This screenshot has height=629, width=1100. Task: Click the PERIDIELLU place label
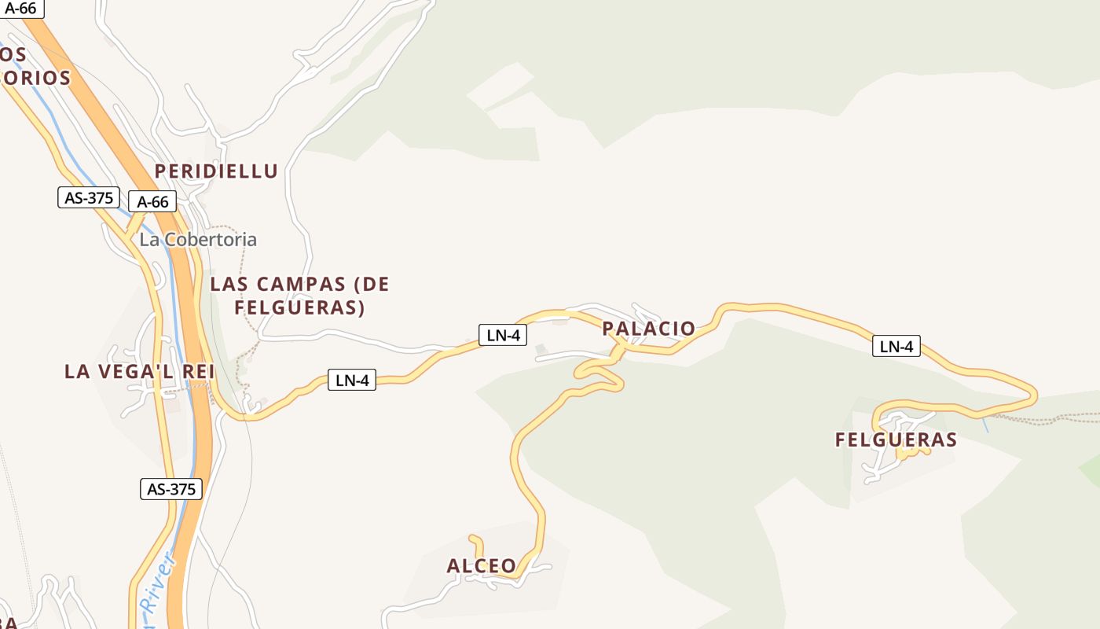[216, 171]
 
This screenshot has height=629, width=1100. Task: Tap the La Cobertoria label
[198, 240]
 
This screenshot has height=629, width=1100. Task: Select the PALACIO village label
[649, 329]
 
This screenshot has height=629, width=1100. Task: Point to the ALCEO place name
[482, 566]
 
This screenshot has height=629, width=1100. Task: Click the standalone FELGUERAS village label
[896, 440]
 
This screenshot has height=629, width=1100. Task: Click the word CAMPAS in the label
[301, 285]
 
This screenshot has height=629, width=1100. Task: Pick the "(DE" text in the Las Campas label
[372, 285]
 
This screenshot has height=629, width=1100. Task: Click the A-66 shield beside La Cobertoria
[152, 202]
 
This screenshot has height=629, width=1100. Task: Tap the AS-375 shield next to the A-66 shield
[89, 197]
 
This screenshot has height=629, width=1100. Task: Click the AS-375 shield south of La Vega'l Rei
[171, 489]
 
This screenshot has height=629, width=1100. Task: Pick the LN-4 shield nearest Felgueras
[896, 346]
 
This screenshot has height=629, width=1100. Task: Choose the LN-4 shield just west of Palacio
[503, 335]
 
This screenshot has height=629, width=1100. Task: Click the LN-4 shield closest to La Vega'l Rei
[352, 381]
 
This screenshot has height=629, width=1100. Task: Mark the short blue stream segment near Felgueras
[984, 425]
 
